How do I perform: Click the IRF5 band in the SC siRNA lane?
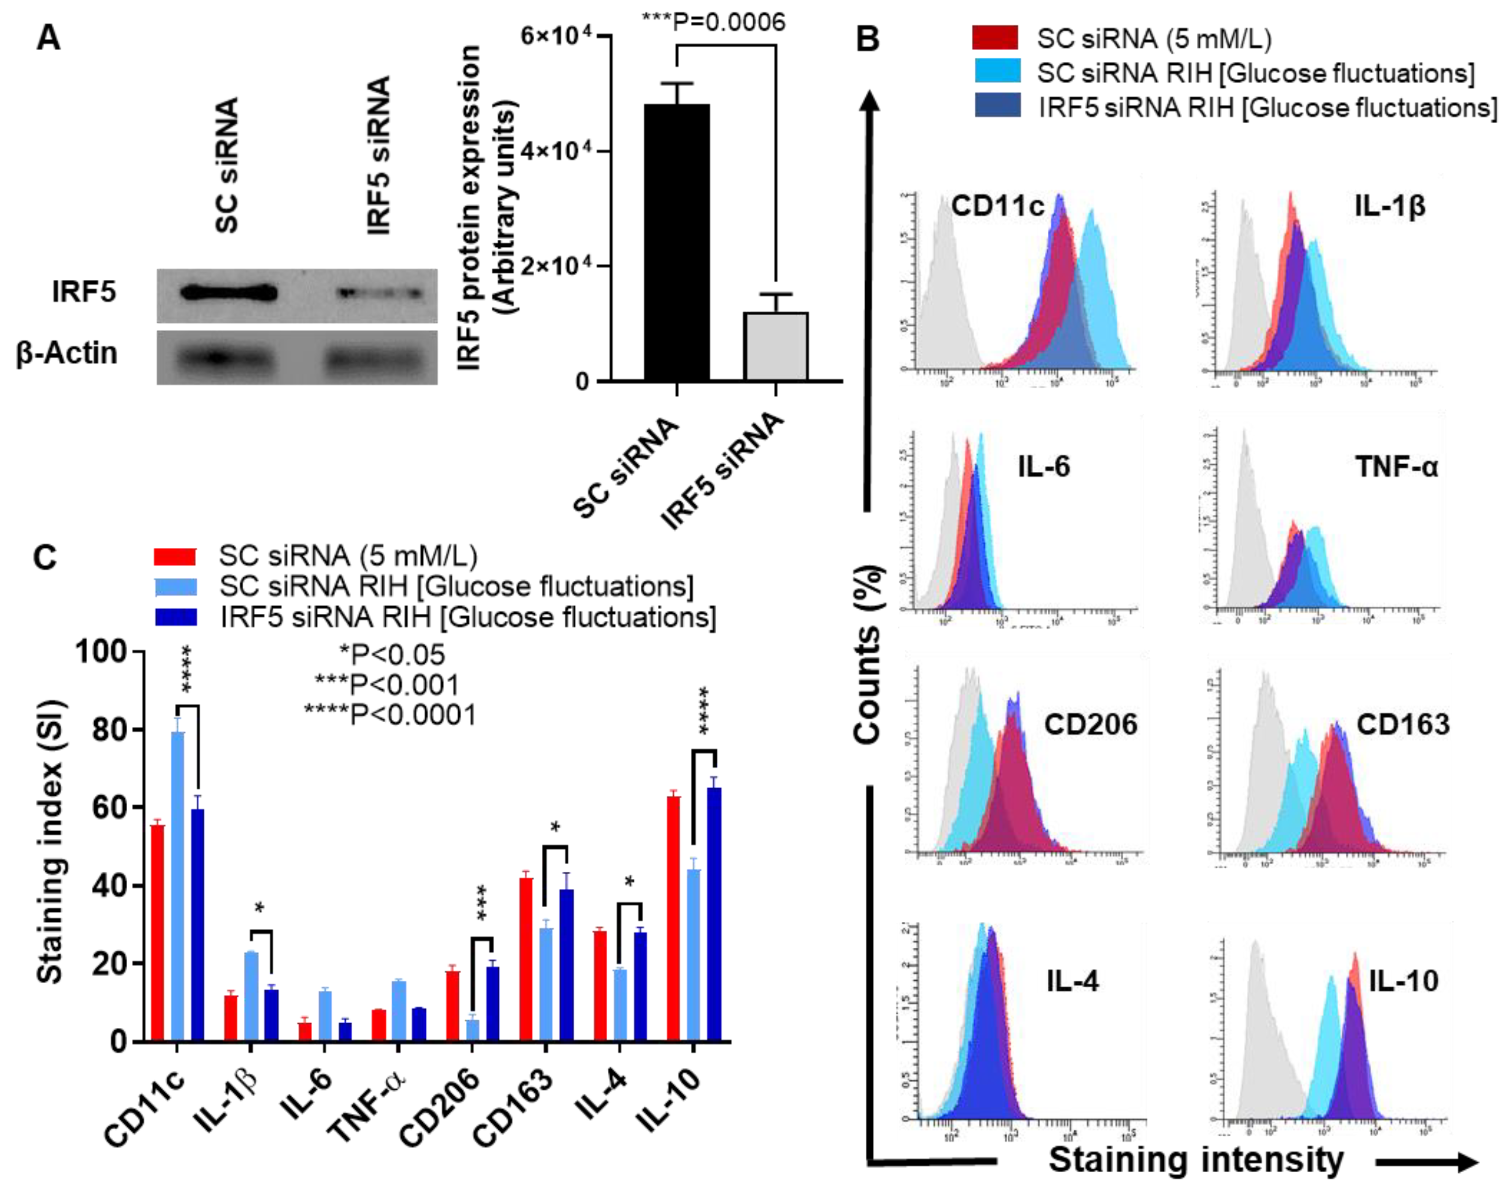coord(229,292)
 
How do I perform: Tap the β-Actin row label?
coord(67,353)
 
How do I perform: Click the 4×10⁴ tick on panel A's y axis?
coord(558,151)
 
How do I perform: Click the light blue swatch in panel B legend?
coord(997,72)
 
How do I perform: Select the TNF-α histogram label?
coord(1396,466)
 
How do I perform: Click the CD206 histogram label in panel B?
coord(1090,725)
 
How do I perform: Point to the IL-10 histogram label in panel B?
coord(1403,981)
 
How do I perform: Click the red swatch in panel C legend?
coord(175,556)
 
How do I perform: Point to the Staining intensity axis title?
coord(1196,1160)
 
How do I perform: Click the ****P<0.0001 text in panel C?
coord(390,715)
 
